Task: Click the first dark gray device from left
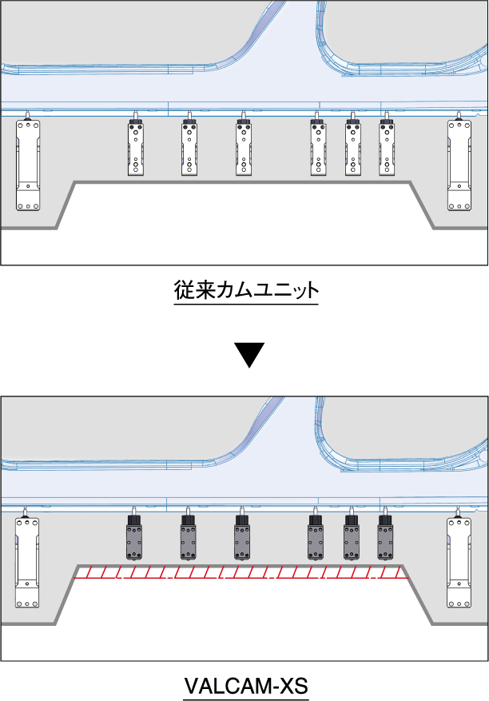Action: click(133, 540)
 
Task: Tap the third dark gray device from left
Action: click(242, 540)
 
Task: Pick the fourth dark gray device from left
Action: click(316, 540)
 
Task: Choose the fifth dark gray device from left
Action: click(352, 540)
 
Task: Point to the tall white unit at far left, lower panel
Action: click(28, 561)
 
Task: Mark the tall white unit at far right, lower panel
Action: click(459, 561)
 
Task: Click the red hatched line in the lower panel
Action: click(240, 572)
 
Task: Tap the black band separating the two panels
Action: click(245, 329)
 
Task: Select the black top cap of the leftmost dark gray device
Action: click(133, 520)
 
